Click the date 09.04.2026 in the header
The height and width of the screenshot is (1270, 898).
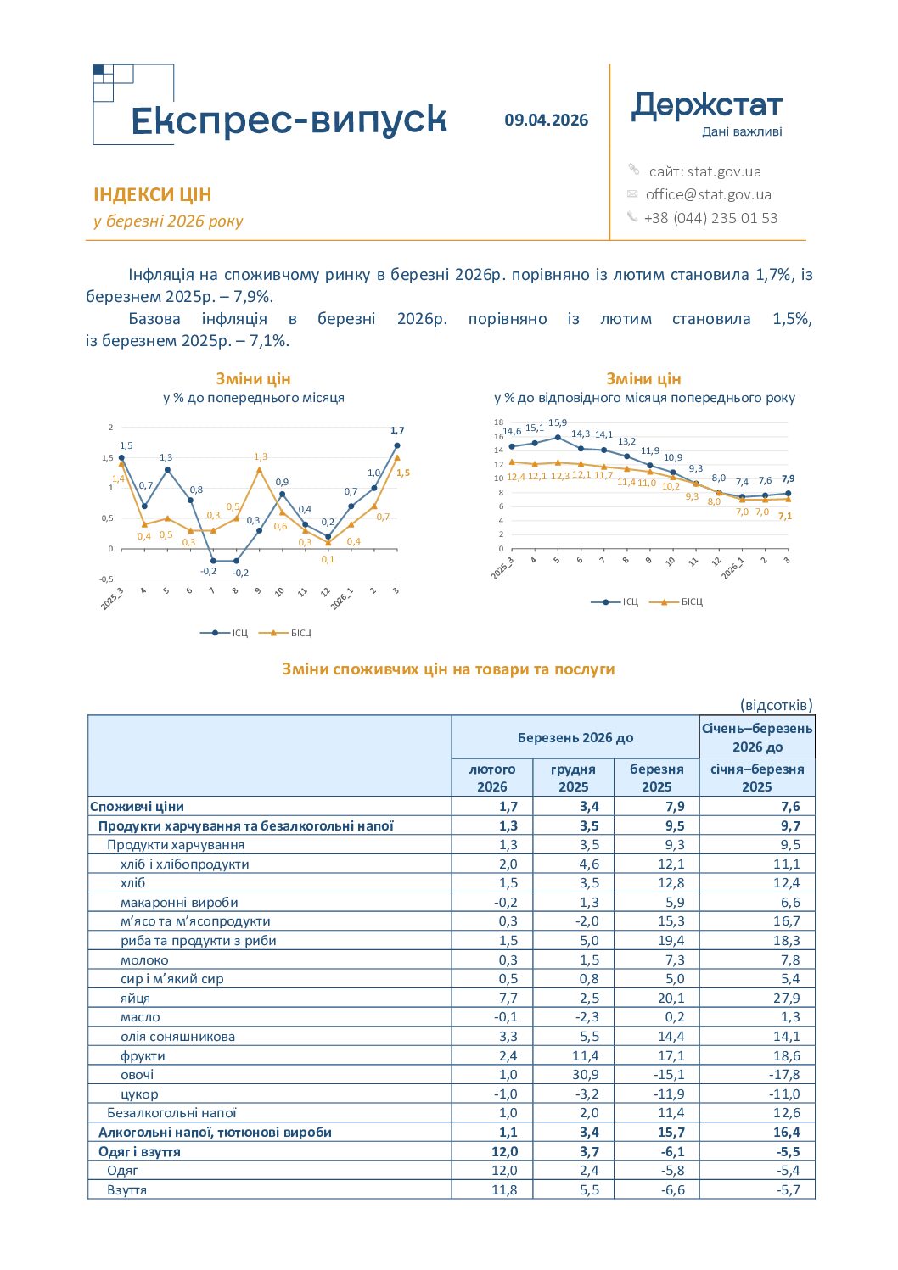coord(546,120)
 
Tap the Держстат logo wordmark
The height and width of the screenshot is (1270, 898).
coord(706,107)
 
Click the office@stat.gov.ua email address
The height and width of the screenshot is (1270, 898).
coord(709,194)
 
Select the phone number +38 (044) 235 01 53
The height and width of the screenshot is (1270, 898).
coord(710,218)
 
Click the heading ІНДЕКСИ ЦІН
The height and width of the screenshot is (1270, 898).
coord(152,194)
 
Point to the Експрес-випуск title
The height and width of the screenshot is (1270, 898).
coord(289,120)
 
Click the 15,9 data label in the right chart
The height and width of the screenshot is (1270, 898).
coord(557,423)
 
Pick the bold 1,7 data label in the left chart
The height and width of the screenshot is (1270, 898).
coord(397,430)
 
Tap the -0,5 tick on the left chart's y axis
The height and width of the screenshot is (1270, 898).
coord(106,579)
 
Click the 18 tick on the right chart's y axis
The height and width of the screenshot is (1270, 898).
coord(498,422)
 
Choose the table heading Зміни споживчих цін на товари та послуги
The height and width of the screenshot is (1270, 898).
coord(448,669)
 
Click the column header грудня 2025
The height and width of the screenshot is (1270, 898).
coord(573,778)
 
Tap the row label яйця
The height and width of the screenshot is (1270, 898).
coord(135,998)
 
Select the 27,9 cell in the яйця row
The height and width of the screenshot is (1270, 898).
coord(786,998)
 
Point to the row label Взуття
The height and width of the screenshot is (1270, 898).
coord(126,1189)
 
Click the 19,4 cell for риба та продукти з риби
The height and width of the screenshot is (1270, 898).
coord(671,941)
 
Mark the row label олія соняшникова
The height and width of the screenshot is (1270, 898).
coord(177,1037)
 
